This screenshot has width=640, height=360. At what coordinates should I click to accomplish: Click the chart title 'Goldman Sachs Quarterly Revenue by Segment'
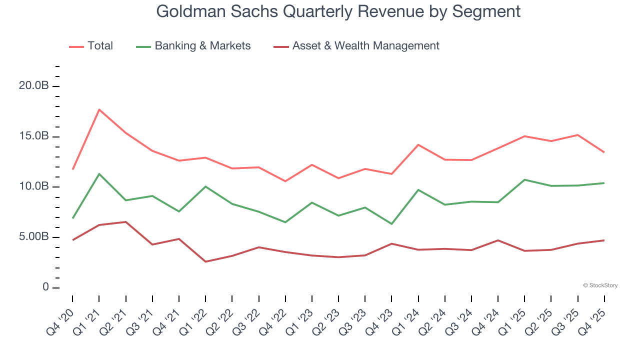[338, 11]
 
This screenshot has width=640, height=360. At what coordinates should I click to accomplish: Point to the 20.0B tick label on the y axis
[33, 86]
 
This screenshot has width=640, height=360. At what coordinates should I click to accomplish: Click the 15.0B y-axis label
[33, 136]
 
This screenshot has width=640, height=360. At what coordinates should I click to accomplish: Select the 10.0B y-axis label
[33, 186]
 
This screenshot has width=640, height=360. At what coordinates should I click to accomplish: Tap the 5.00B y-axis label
[33, 237]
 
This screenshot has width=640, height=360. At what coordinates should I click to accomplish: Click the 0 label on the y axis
[45, 287]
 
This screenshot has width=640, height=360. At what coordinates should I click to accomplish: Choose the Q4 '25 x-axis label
[594, 320]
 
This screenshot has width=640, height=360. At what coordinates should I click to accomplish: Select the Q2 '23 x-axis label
[328, 320]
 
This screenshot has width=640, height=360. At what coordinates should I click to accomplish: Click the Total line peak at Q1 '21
[99, 109]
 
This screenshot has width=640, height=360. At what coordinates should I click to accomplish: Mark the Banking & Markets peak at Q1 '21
[99, 174]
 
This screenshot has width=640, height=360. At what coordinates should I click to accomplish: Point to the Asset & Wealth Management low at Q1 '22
[205, 261]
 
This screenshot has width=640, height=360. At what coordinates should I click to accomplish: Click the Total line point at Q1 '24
[418, 145]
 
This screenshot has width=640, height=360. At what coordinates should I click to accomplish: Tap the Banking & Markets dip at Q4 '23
[391, 223]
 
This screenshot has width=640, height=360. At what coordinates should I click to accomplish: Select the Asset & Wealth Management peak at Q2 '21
[125, 222]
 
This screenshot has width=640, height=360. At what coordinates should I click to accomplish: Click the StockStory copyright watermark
[600, 285]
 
